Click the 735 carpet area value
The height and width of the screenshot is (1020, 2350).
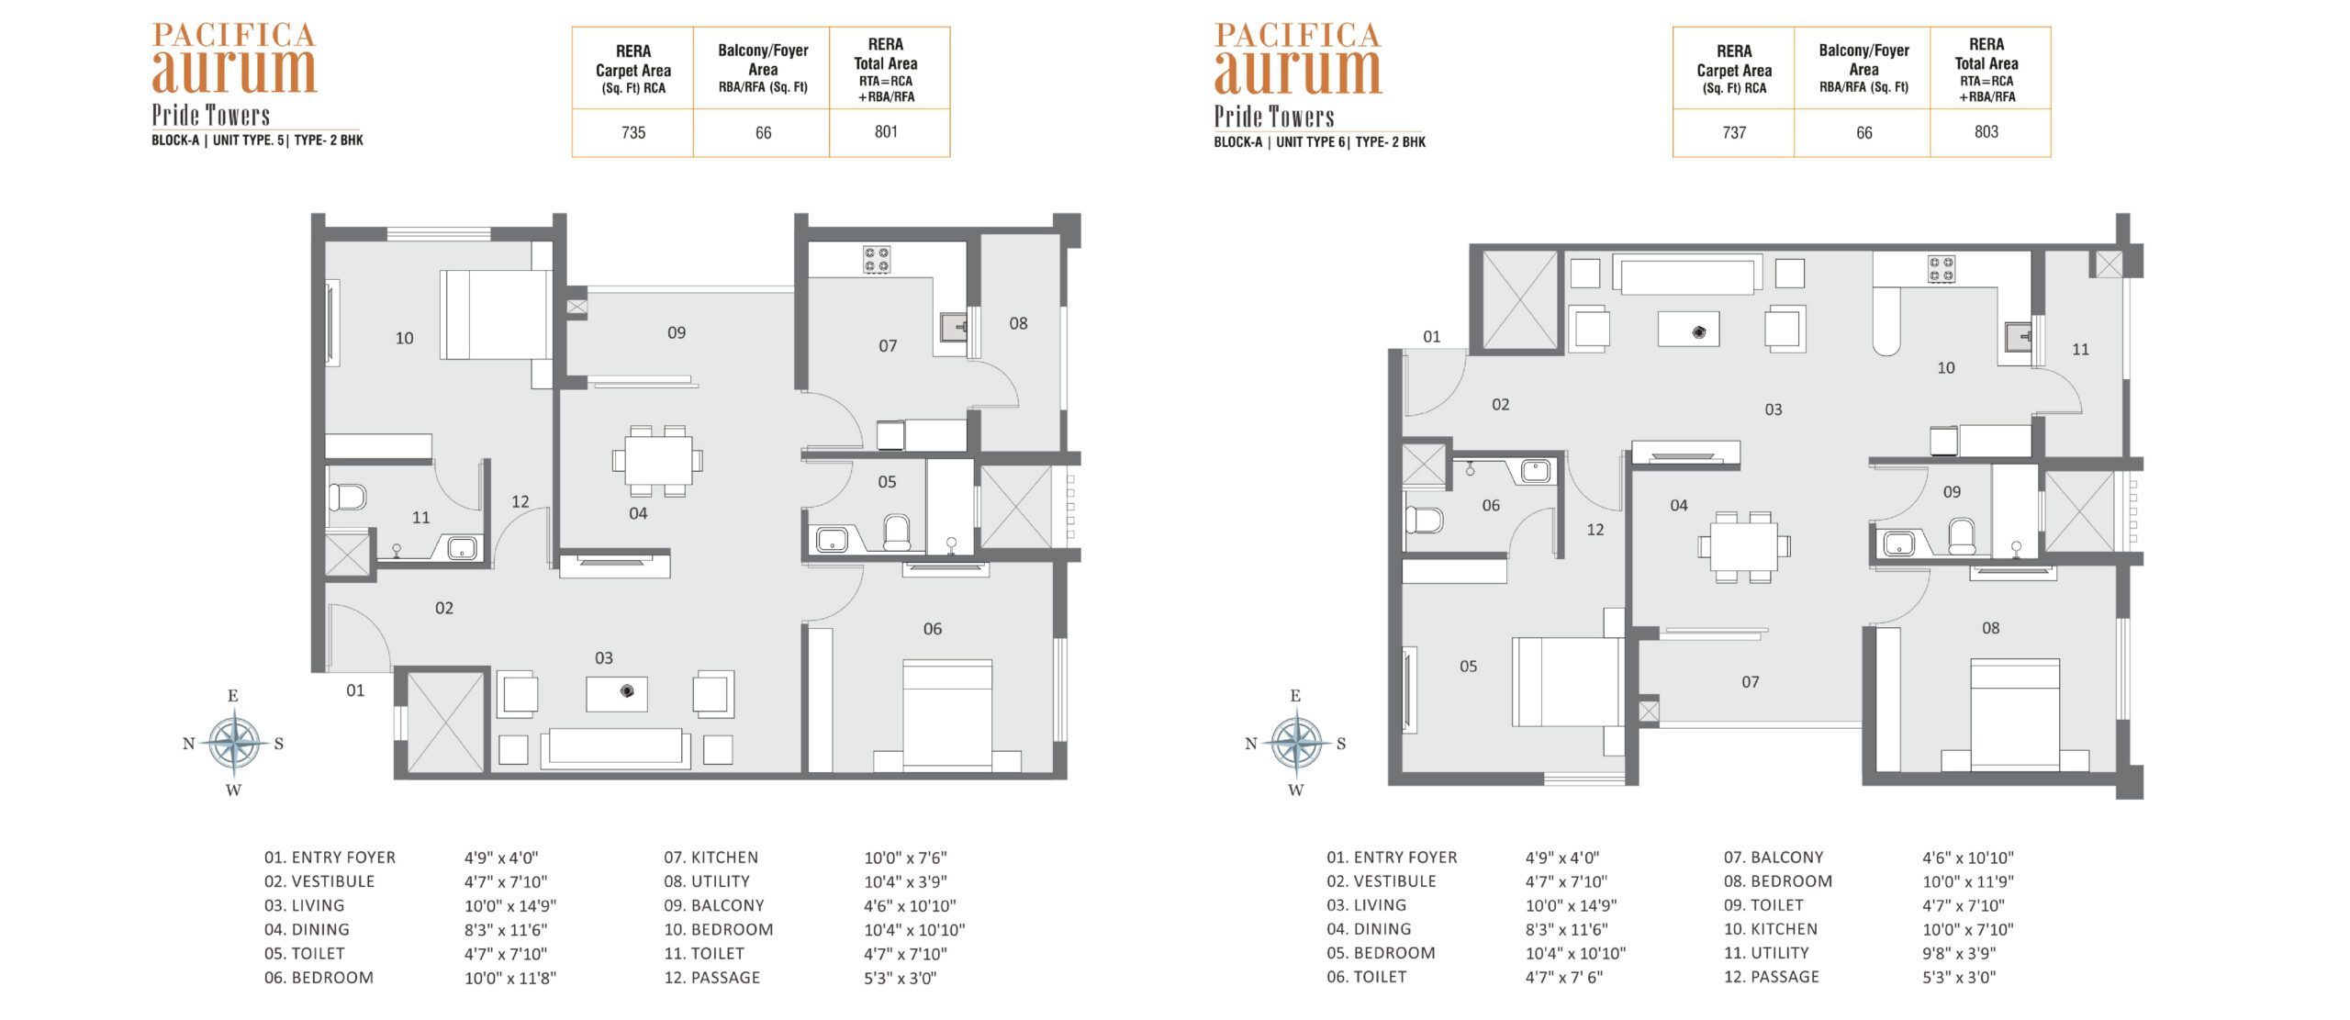tap(633, 132)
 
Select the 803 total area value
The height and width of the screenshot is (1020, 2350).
tap(1986, 131)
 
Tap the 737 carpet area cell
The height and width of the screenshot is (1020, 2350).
tap(1734, 132)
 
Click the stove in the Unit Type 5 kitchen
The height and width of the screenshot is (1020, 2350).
tap(876, 260)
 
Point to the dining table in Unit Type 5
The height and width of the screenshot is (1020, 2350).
tap(658, 460)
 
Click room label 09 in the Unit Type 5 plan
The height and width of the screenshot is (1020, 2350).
tap(677, 332)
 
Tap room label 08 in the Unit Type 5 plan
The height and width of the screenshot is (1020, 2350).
tap(1018, 323)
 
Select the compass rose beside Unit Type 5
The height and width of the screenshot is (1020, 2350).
tap(234, 743)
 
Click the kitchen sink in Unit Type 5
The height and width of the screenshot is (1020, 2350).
tap(954, 327)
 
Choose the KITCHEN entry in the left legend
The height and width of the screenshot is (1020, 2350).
tap(711, 857)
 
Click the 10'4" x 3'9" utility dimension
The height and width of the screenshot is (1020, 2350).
tap(905, 881)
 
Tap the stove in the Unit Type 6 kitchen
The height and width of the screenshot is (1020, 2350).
tap(1941, 269)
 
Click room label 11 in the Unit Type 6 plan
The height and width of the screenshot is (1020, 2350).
tap(2080, 349)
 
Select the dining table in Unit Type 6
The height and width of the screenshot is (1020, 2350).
tap(1744, 546)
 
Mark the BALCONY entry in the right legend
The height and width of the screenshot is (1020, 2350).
tap(1774, 857)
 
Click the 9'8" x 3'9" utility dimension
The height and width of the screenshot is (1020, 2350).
tap(1959, 953)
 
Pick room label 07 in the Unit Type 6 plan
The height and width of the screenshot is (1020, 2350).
tap(1751, 682)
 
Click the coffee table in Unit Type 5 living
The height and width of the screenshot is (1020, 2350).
tap(617, 693)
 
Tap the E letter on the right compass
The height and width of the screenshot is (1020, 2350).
tap(1295, 696)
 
